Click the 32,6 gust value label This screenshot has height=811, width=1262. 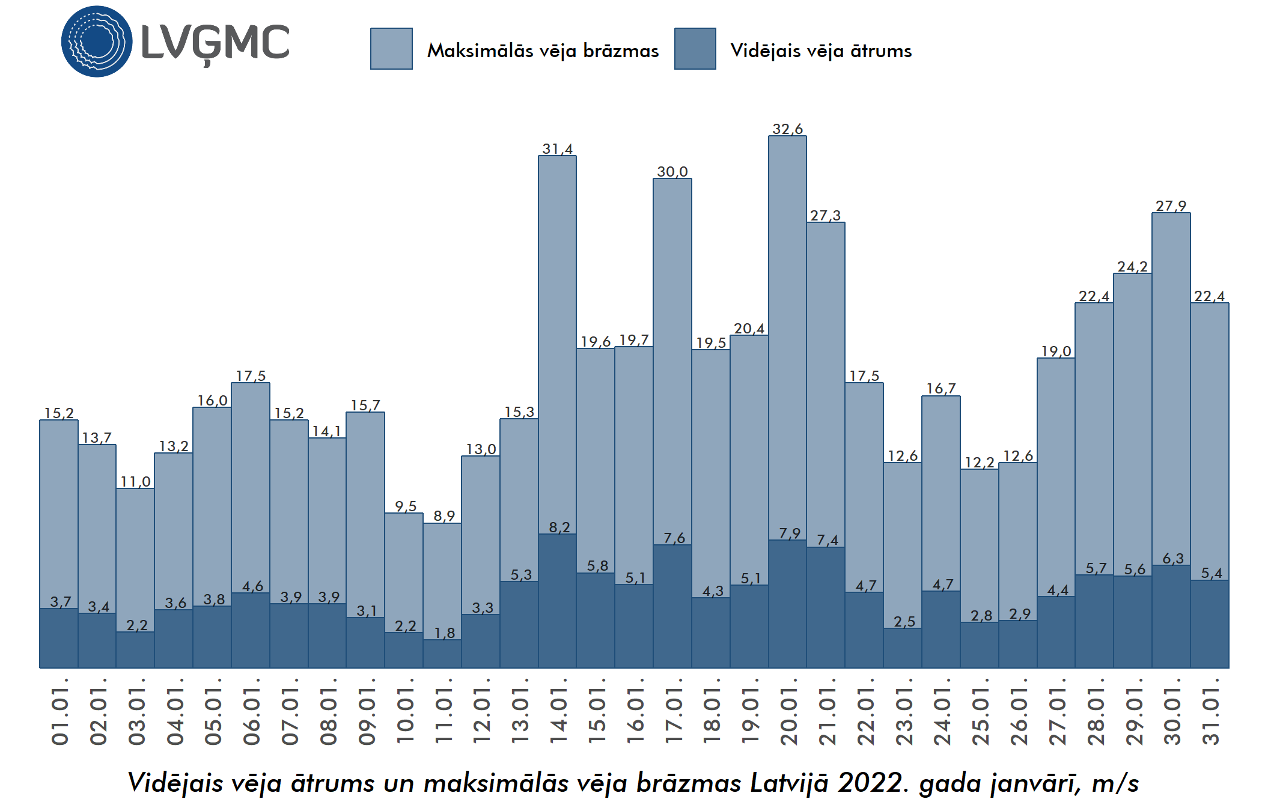tap(787, 129)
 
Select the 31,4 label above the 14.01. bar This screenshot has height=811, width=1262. tap(557, 149)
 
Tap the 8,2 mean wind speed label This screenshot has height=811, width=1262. tap(559, 527)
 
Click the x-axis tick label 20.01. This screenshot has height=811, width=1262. tap(788, 712)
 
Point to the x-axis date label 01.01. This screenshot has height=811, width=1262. tap(59, 712)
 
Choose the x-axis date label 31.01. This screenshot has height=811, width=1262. tap(1210, 712)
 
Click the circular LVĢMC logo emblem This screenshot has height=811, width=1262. tap(97, 41)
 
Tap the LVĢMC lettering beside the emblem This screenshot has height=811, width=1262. tap(215, 43)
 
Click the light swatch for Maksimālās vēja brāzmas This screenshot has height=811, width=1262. tap(391, 49)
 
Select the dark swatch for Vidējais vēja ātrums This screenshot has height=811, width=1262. tap(695, 49)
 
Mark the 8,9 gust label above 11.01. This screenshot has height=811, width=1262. tap(444, 516)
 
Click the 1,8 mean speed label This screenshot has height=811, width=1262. tap(444, 633)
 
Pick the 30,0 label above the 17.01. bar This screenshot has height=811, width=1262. tap(672, 172)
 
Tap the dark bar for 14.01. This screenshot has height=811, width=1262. tap(557, 601)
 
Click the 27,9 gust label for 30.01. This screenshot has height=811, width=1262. tap(1171, 206)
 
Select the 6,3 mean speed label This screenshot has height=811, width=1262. tap(1172, 559)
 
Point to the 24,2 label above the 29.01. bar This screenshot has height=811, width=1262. tap(1132, 267)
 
